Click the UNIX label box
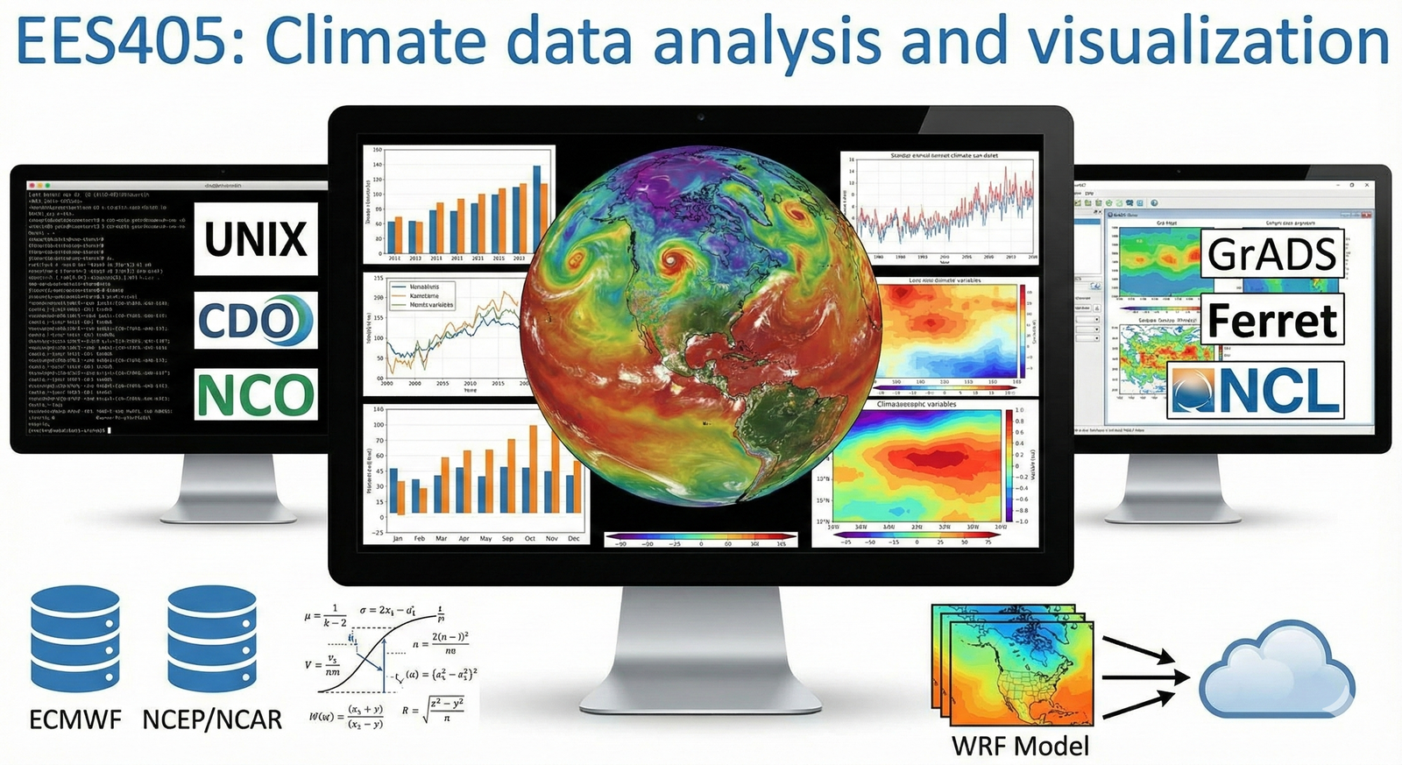tap(256, 239)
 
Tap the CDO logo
tap(255, 321)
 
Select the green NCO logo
tap(256, 394)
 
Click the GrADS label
tap(1272, 254)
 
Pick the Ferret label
tap(1272, 321)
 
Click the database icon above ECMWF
tap(74, 640)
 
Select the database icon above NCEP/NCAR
tap(212, 640)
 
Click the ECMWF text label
tap(75, 720)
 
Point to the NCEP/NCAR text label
tap(212, 720)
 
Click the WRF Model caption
tap(1021, 746)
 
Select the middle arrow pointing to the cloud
tap(1145, 677)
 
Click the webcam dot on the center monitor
tap(700, 116)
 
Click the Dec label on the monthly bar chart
tap(574, 538)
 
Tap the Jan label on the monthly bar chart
tap(397, 538)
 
